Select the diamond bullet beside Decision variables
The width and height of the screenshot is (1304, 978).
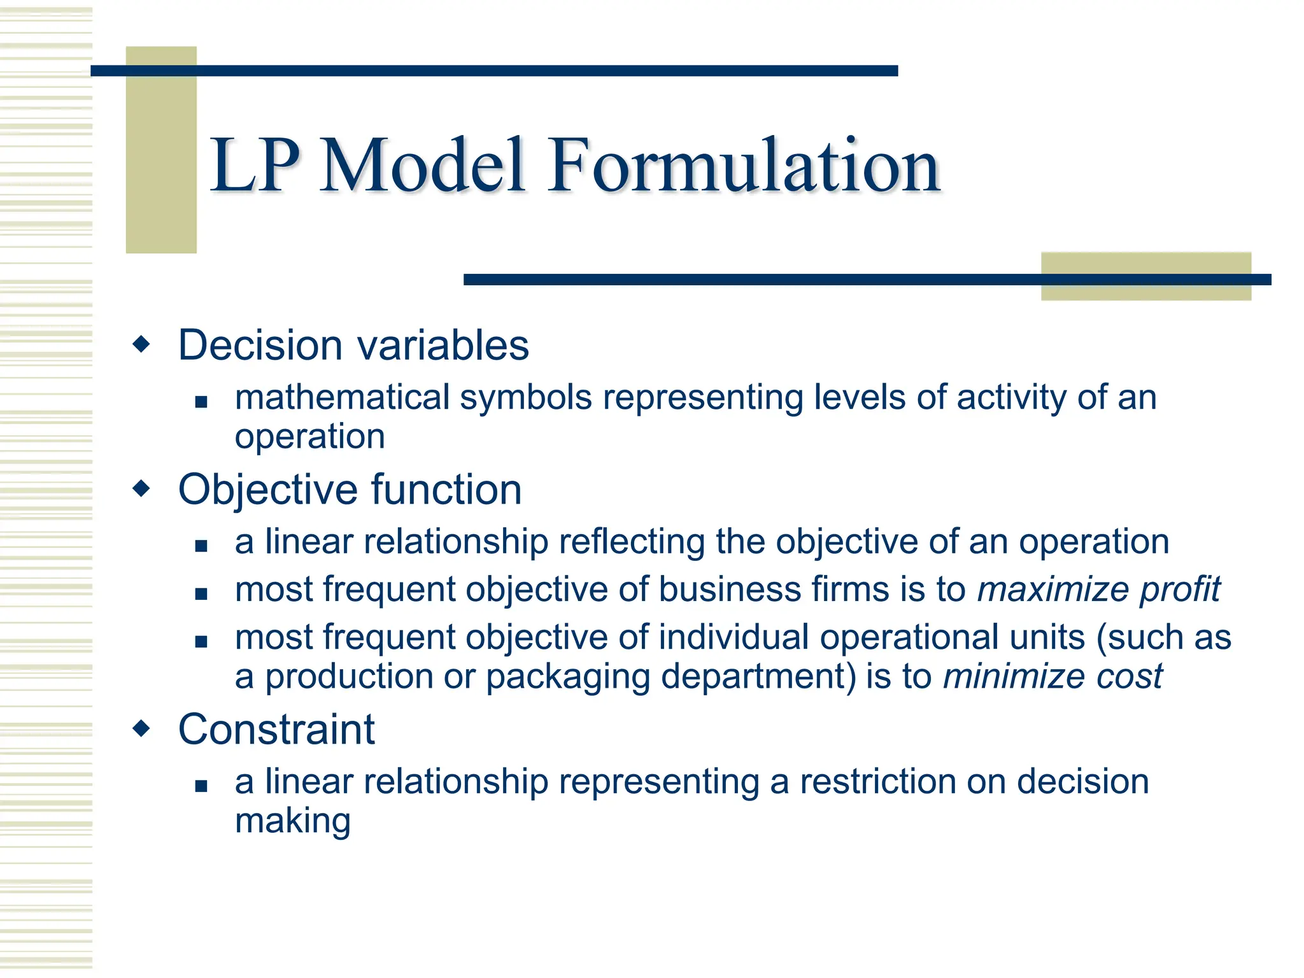coord(141,344)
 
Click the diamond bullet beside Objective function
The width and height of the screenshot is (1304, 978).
coord(141,489)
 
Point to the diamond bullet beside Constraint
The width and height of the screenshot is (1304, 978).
coord(141,728)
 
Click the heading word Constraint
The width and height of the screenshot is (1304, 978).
coord(276,729)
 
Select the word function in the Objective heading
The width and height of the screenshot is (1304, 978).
coord(446,490)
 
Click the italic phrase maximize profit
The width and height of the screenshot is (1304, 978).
coord(1098,589)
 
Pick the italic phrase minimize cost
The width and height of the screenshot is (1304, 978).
coord(1052,676)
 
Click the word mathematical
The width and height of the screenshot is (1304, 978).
coord(342,398)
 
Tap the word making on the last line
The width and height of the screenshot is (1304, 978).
coord(292,821)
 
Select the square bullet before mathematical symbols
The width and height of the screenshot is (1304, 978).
coord(201,402)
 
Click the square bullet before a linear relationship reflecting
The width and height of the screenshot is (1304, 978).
coord(201,546)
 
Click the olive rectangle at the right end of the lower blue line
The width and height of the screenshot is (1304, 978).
coord(1145,276)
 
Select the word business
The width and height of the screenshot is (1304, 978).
coord(730,589)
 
